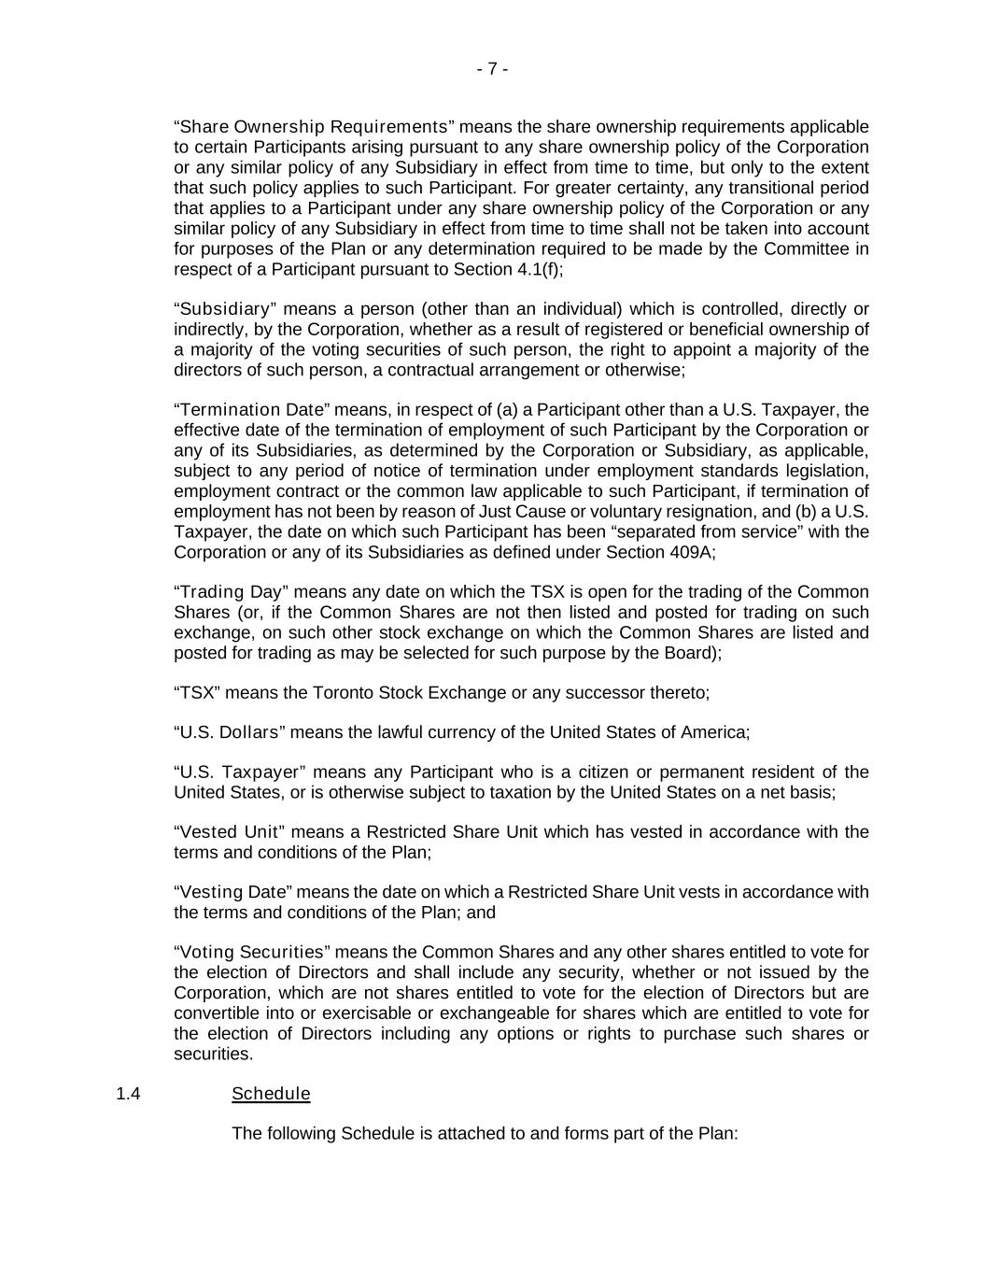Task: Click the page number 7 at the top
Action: [x=492, y=69]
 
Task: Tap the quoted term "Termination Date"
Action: [x=252, y=410]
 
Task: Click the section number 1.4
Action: [x=128, y=1094]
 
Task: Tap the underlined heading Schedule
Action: [x=271, y=1094]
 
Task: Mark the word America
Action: [x=713, y=732]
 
